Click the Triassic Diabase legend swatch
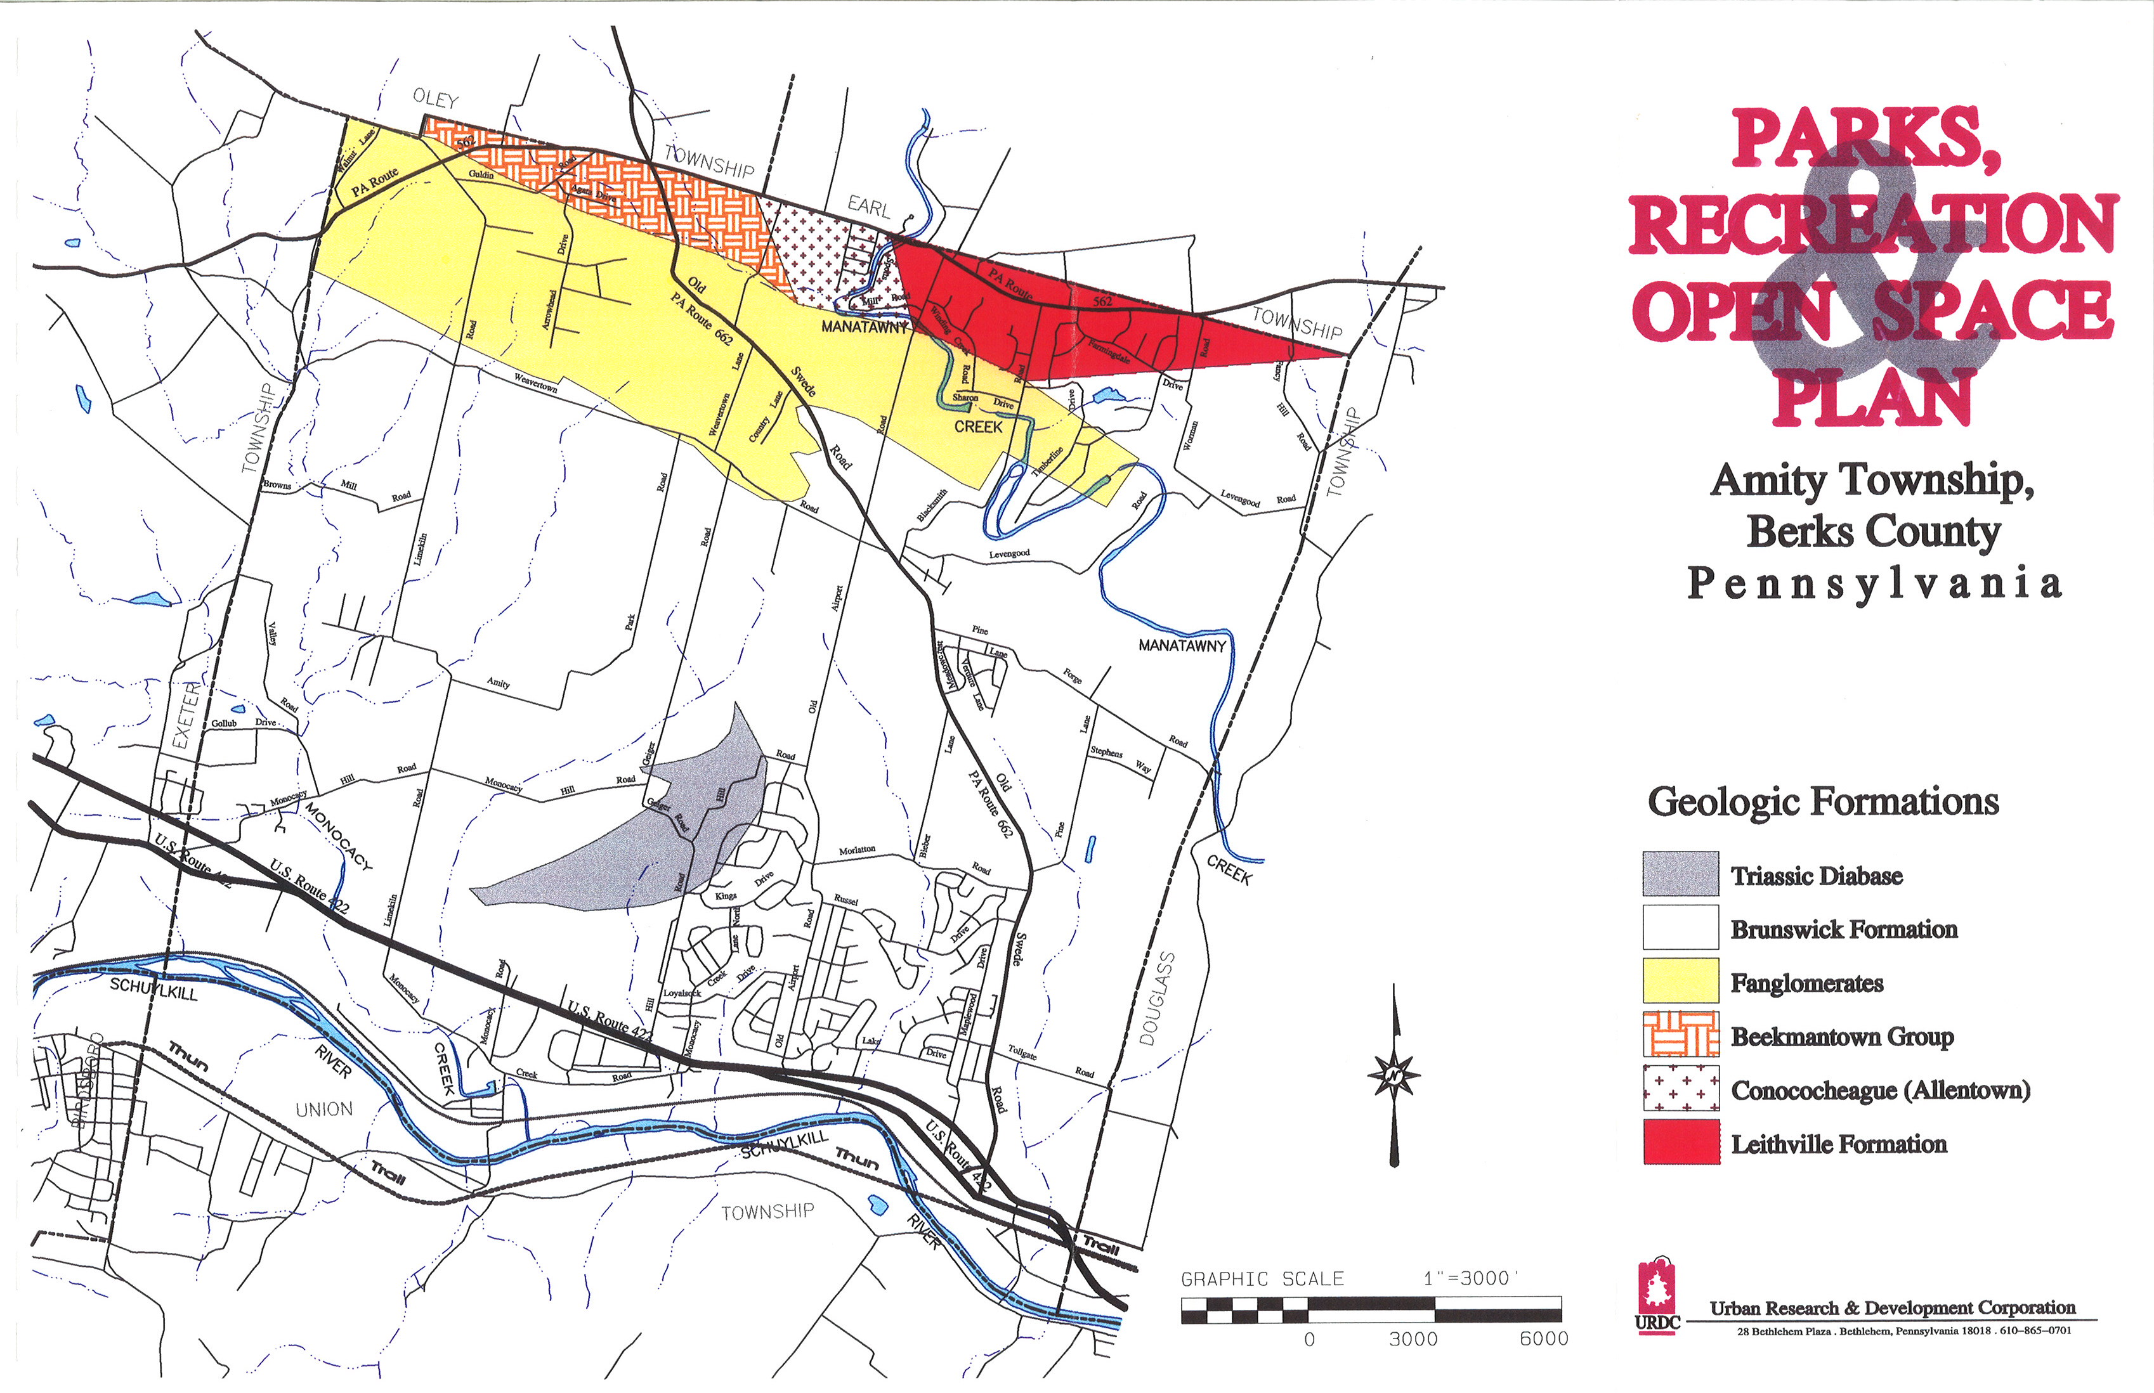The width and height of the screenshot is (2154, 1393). click(x=1680, y=874)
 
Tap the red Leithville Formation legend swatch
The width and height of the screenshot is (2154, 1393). click(x=1680, y=1141)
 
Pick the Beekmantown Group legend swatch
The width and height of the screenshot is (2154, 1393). click(x=1680, y=1035)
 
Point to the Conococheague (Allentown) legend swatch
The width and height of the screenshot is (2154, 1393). click(x=1680, y=1088)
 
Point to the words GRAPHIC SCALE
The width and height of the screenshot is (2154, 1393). click(x=1262, y=1279)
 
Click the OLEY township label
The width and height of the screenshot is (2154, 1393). click(x=435, y=100)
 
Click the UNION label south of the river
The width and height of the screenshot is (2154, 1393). click(x=324, y=1109)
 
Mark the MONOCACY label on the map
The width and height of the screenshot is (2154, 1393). click(x=337, y=836)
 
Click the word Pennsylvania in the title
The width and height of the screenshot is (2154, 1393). click(x=1874, y=583)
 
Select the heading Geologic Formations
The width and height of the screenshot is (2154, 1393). click(x=1823, y=801)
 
